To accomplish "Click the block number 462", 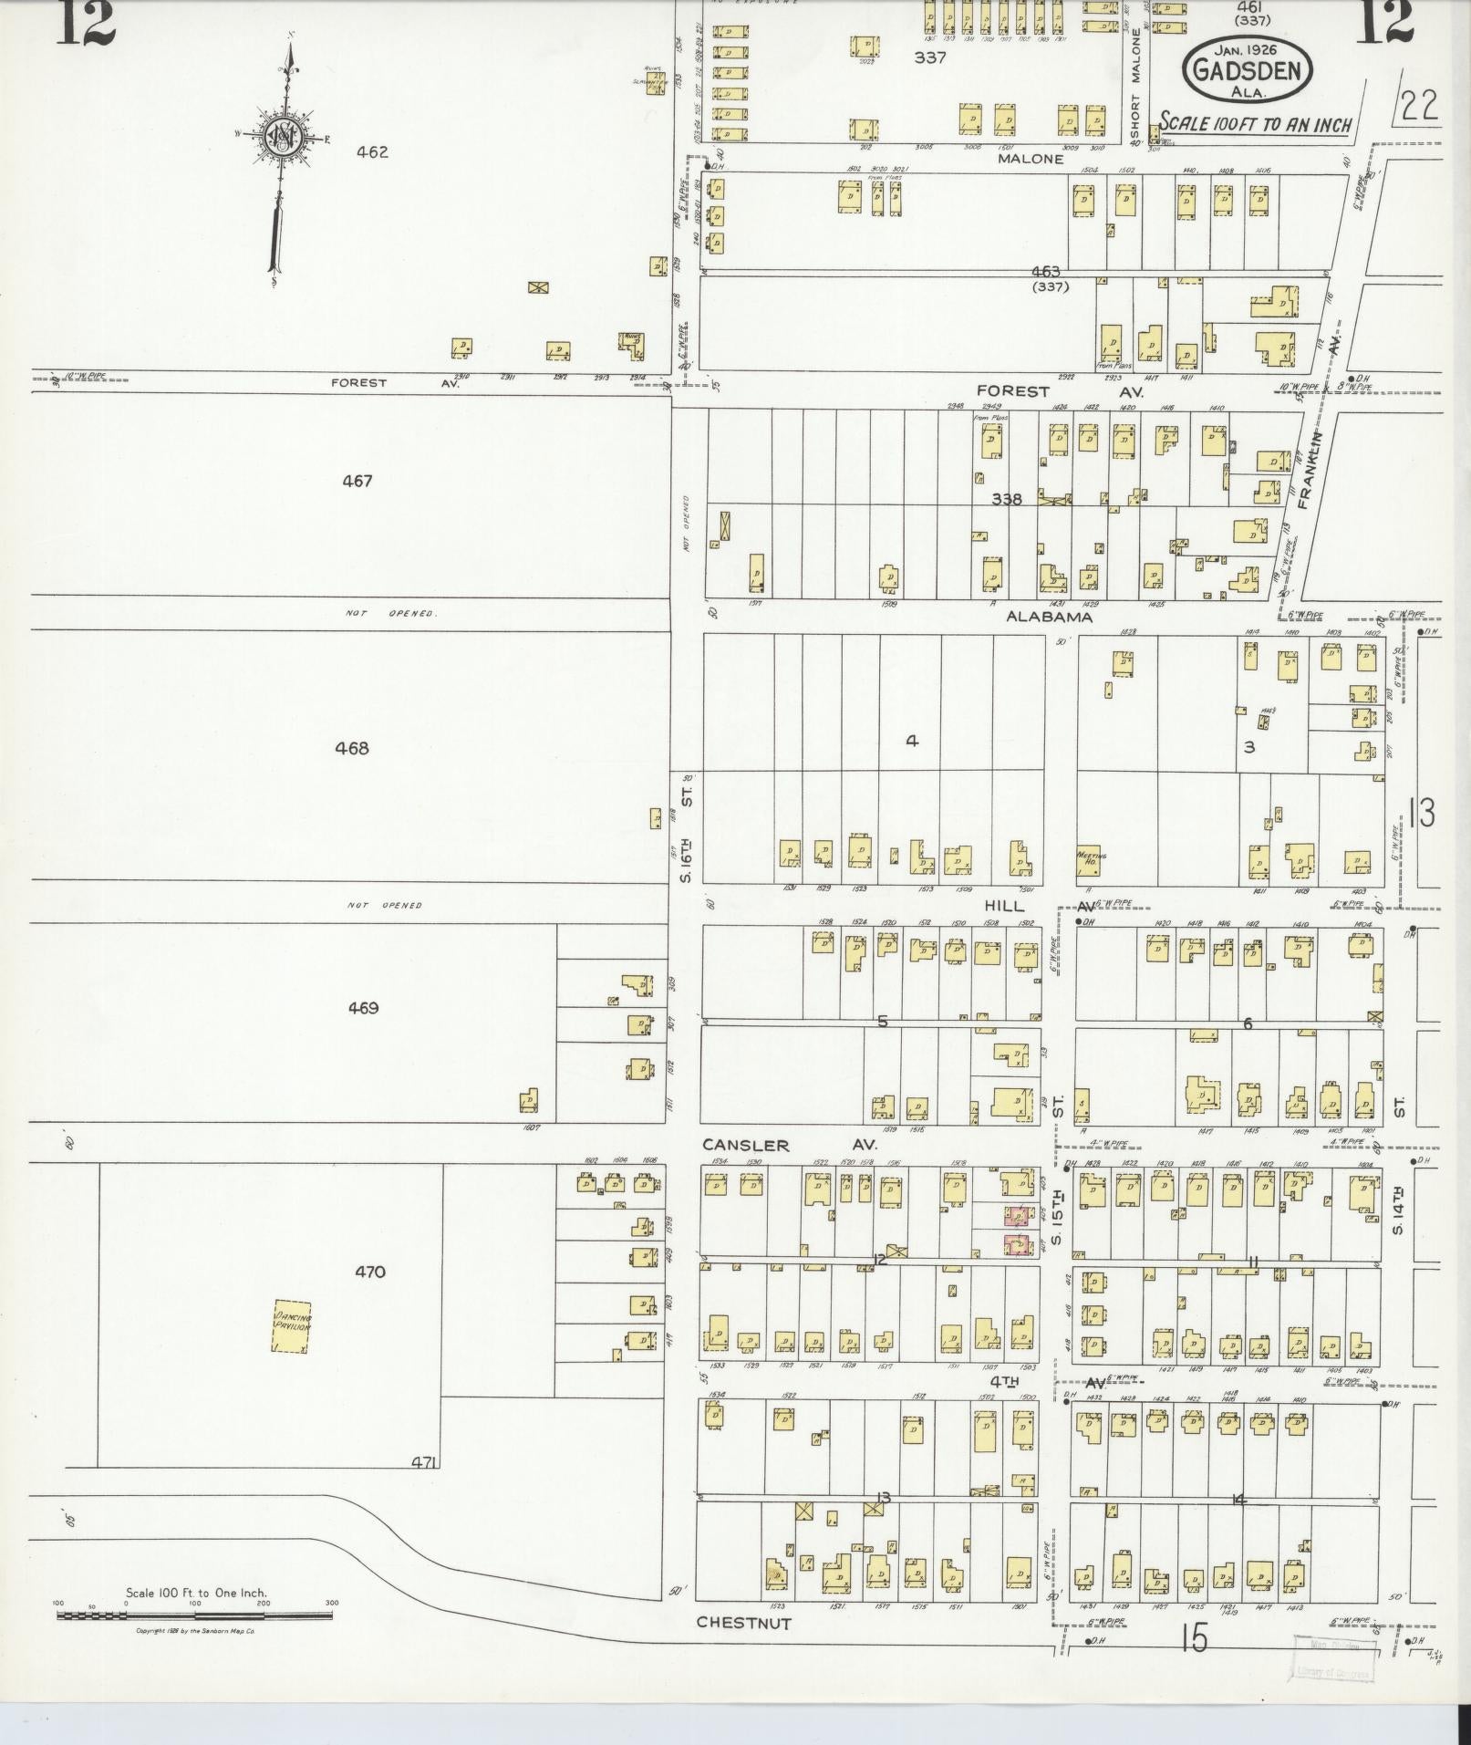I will coord(372,152).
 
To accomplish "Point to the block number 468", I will coord(352,748).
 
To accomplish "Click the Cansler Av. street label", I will coord(790,1144).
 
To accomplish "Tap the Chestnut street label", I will coord(743,1622).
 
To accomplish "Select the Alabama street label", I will coord(1049,617).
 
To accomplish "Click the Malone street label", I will coord(1031,159).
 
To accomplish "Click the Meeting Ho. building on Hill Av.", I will coord(1093,860).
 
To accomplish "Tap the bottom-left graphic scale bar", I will coord(194,1615).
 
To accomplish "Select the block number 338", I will coord(1007,499).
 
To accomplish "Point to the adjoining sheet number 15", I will coord(1193,1639).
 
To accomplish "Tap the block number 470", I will coord(369,1272).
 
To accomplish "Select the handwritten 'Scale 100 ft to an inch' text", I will coord(1255,124).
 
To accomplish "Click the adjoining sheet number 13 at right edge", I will coord(1421,813).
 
